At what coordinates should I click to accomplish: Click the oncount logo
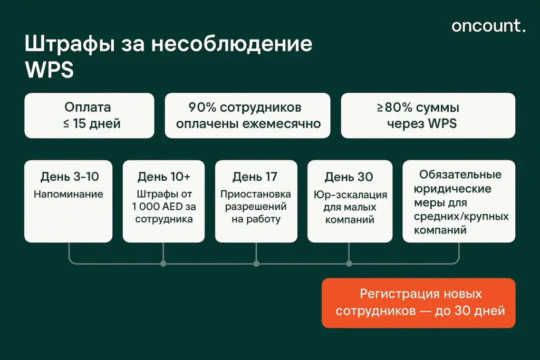click(x=488, y=26)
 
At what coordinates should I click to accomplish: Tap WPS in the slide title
click(x=49, y=71)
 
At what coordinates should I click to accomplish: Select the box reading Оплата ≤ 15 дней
click(x=89, y=115)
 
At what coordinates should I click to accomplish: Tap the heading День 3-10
click(x=68, y=177)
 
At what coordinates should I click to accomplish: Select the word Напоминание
click(x=69, y=194)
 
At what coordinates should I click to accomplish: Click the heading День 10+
click(x=163, y=177)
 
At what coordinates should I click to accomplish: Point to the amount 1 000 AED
click(x=156, y=206)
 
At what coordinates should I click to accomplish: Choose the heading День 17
click(x=256, y=177)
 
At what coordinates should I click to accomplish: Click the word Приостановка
click(x=256, y=194)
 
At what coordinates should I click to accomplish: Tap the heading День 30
click(x=348, y=177)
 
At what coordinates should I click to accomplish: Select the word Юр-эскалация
click(x=348, y=194)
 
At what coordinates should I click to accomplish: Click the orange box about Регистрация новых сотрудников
click(x=418, y=303)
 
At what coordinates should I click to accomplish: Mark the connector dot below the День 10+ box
click(x=163, y=263)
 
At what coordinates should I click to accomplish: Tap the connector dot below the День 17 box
click(x=256, y=263)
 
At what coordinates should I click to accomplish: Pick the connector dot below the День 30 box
click(x=349, y=263)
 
